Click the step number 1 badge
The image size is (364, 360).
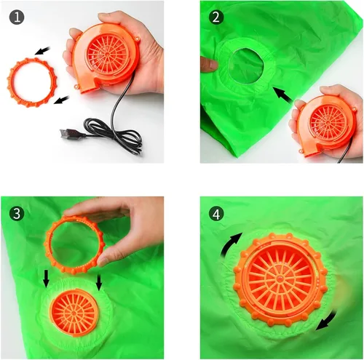17,17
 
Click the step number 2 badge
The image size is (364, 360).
216,17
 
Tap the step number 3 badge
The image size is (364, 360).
17,213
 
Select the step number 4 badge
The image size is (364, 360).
216,213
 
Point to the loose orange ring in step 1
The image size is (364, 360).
10,82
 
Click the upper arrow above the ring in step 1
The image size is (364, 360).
42,51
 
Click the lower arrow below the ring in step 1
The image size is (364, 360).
61,100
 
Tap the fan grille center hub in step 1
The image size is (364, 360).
108,54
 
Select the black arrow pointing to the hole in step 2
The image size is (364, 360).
283,95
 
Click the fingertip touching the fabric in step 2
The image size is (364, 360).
213,65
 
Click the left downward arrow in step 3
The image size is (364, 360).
46,279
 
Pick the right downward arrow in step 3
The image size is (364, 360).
98,281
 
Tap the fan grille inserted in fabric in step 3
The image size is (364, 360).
74,313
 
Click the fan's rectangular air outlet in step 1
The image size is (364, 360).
89,88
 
